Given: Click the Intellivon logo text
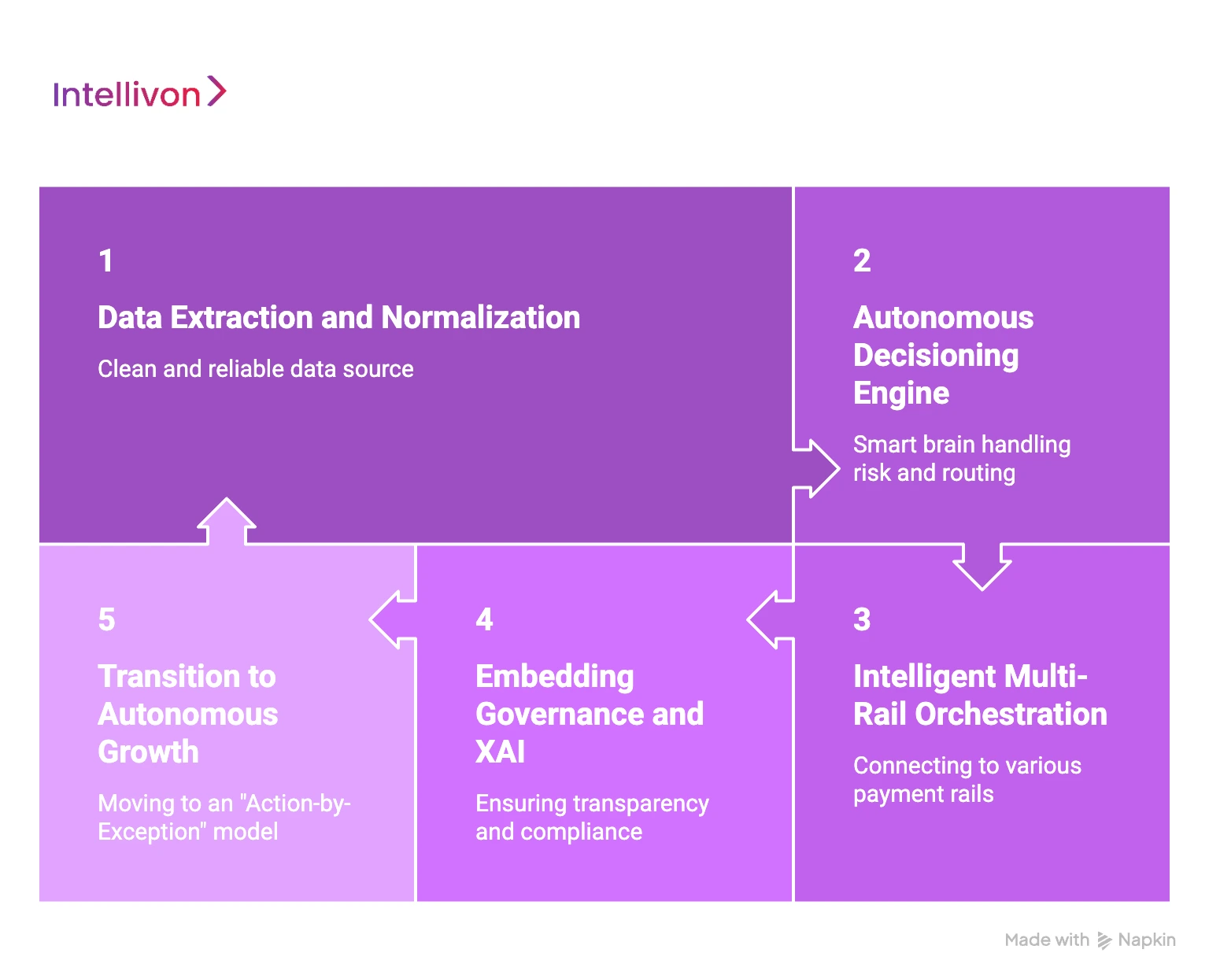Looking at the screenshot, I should coord(127,95).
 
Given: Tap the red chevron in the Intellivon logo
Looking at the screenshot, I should coord(216,91).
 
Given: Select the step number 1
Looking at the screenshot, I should coord(106,261).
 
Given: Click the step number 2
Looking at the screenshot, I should coord(862,261).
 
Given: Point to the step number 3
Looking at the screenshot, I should coord(862,620).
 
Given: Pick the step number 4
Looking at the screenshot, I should coord(484,620).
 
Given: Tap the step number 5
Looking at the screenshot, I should coord(107,620).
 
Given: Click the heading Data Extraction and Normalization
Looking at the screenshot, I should coord(338,318).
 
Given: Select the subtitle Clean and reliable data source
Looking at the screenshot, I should coord(255,369).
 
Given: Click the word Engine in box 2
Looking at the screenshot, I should coord(901,393).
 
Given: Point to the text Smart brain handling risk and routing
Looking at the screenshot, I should coord(961,459).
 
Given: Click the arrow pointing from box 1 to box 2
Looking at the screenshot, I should coord(819,469).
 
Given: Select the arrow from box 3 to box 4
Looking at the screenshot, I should coord(768,620).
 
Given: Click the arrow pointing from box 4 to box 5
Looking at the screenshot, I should coord(390,620).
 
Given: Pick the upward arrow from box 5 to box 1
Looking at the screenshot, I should coord(227,520).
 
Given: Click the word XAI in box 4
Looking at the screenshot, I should coord(500,752).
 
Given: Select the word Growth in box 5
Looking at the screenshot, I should coord(148,752).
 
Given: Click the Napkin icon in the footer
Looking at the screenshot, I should coord(1104,940).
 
